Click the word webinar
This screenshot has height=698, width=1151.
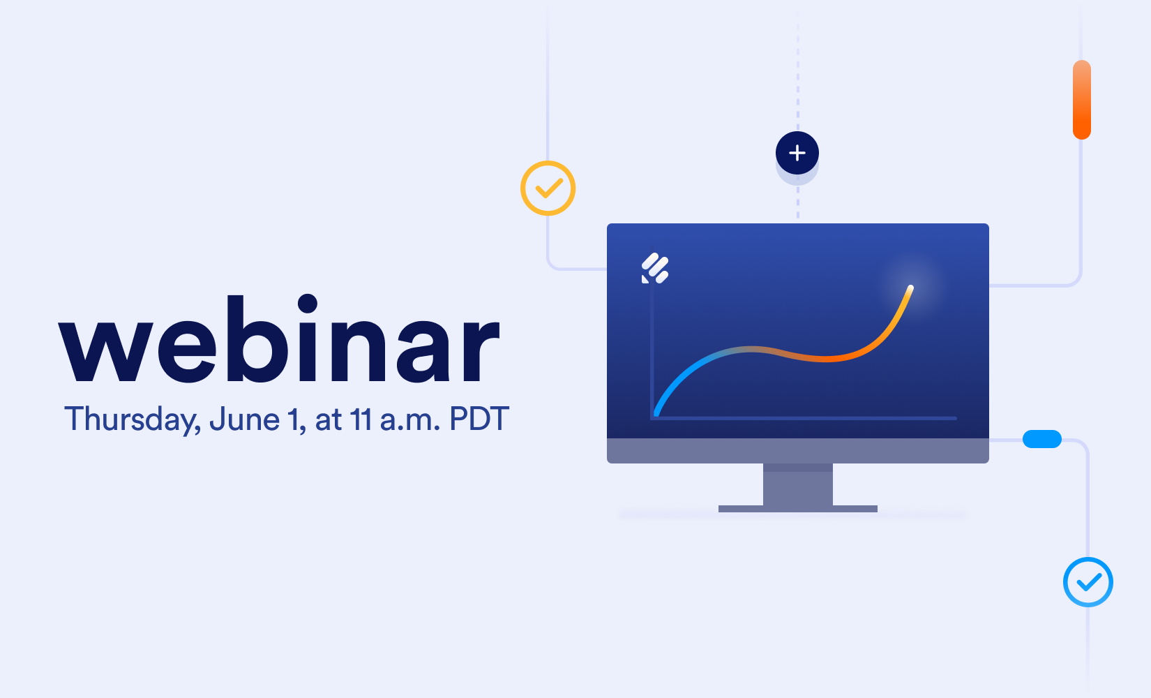click(x=279, y=339)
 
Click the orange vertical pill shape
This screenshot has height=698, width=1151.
click(x=1082, y=100)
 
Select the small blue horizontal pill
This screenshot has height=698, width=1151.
click(x=1042, y=439)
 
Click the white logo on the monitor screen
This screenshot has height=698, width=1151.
click(x=654, y=268)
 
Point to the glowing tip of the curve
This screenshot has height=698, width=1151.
click(x=910, y=288)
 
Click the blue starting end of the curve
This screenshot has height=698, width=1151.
click(x=656, y=413)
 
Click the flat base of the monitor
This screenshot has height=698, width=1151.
click(x=797, y=509)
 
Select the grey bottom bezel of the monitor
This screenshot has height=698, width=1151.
click(x=797, y=451)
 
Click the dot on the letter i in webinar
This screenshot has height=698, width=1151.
click(x=307, y=303)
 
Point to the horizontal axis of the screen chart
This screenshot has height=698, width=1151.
click(x=804, y=418)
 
